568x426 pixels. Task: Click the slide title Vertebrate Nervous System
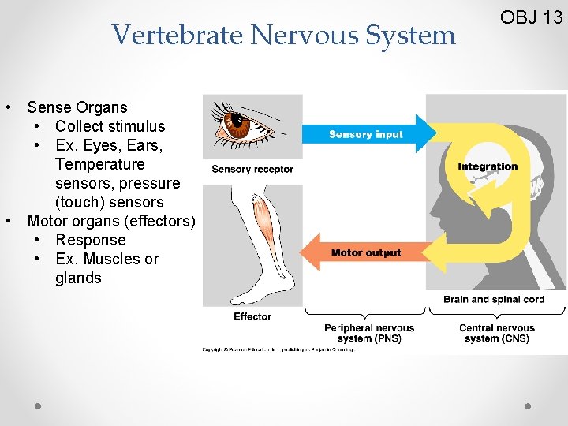pos(284,35)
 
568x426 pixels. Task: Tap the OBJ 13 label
pos(532,17)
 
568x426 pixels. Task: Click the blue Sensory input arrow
pos(371,134)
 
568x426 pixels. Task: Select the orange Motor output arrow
pos(363,252)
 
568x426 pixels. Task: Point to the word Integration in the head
pos(488,166)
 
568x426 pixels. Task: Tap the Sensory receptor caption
pos(252,169)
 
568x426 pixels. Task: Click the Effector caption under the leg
pos(252,316)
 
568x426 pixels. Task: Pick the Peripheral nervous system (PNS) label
pos(369,333)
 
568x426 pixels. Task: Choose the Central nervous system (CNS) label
pos(497,333)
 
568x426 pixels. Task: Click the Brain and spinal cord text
pos(494,299)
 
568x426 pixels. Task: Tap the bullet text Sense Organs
pos(77,107)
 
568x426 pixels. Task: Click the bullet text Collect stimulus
pos(110,126)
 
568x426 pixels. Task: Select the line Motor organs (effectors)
pos(110,221)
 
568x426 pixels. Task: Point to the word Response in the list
pos(91,240)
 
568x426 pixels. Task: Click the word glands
pos(78,278)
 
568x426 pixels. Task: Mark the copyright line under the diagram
pos(278,349)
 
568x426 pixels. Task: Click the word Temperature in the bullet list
pos(100,164)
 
